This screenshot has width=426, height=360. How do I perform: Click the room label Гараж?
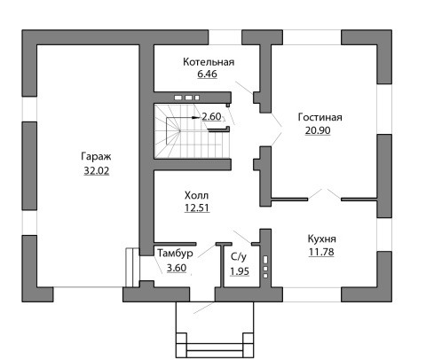(96, 157)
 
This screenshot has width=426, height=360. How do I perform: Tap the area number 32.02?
(97, 171)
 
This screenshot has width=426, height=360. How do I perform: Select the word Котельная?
(209, 62)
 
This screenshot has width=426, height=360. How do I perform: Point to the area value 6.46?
(207, 74)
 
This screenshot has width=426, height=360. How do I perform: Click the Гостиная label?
(320, 117)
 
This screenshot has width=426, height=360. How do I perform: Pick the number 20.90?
(318, 130)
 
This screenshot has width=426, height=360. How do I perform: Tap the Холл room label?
(196, 195)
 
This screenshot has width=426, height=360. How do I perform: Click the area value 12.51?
(197, 208)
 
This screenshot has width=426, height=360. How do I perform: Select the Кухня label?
(322, 239)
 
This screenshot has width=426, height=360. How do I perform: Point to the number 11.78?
(321, 252)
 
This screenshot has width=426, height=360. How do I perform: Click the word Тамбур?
(175, 254)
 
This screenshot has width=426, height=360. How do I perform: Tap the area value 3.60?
(177, 268)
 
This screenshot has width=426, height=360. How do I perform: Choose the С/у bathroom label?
(239, 257)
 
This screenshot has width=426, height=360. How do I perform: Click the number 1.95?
(240, 271)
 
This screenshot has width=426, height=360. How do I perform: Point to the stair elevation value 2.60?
(211, 117)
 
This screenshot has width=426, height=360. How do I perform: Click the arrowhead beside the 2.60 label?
(195, 117)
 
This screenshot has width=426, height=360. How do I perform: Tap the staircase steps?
(192, 131)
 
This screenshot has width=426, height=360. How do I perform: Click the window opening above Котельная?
(225, 37)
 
